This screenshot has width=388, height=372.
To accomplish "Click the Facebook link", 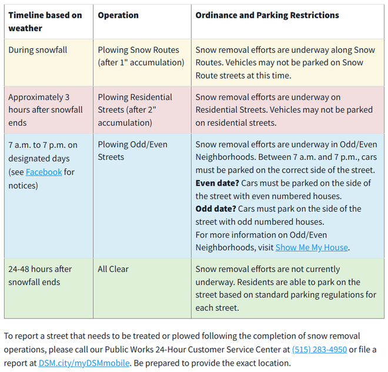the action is coord(44,172).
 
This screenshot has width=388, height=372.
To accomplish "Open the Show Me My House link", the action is coord(312,247).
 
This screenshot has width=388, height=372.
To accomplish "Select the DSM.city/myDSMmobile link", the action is coord(84,363).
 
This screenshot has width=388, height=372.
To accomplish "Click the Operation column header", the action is coord(118,15).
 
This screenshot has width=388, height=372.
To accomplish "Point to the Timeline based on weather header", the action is coord(45,22).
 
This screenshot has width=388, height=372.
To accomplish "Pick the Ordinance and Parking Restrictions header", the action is coord(267,15).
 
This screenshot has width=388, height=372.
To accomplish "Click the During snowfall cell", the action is coord(38,50).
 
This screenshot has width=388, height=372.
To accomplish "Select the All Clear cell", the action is coord(113,269).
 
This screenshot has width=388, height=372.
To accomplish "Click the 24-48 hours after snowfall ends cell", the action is coord(40,276).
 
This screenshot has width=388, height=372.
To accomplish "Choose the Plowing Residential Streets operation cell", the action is coord(135,110).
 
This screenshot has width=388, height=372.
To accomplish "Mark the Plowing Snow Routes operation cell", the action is coord(138,56).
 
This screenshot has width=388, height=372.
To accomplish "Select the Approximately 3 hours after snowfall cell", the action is coord(45,110).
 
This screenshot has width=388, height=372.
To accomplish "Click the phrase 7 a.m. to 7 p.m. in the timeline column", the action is coord(42,145).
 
